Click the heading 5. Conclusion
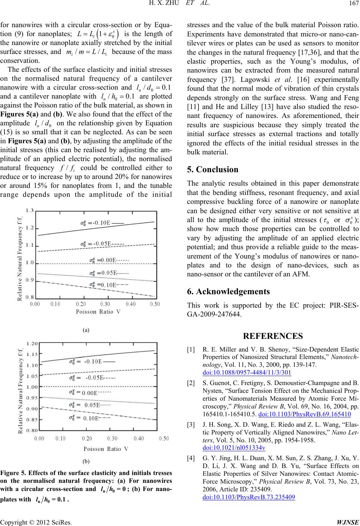coord(213,170)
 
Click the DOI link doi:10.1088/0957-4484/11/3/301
coord(247,372)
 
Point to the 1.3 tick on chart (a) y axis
coord(29,211)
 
